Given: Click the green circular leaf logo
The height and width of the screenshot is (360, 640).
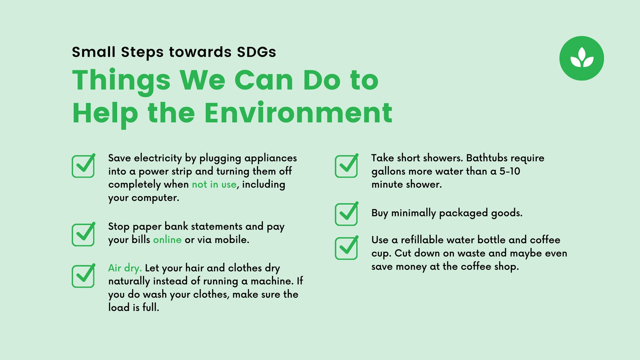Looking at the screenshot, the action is (x=582, y=58).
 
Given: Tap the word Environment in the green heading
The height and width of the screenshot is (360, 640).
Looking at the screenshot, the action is (x=298, y=113).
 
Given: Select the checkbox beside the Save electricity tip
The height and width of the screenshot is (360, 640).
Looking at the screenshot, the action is (x=83, y=166).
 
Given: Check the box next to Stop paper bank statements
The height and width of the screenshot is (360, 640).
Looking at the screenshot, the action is (x=83, y=235).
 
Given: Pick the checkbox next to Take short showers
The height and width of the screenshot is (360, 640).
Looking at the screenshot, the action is (x=346, y=166).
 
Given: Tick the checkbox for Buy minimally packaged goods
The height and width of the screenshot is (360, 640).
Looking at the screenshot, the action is (x=346, y=214).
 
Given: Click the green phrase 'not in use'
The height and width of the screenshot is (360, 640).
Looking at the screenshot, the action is (x=214, y=184).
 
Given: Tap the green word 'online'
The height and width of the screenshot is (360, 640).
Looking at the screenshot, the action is (x=167, y=240).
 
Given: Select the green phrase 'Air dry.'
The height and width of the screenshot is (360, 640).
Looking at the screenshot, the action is (x=125, y=268).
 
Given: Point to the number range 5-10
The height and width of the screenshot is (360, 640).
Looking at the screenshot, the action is (x=510, y=172).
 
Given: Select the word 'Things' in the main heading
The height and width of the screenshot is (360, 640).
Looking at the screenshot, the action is (x=121, y=80).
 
